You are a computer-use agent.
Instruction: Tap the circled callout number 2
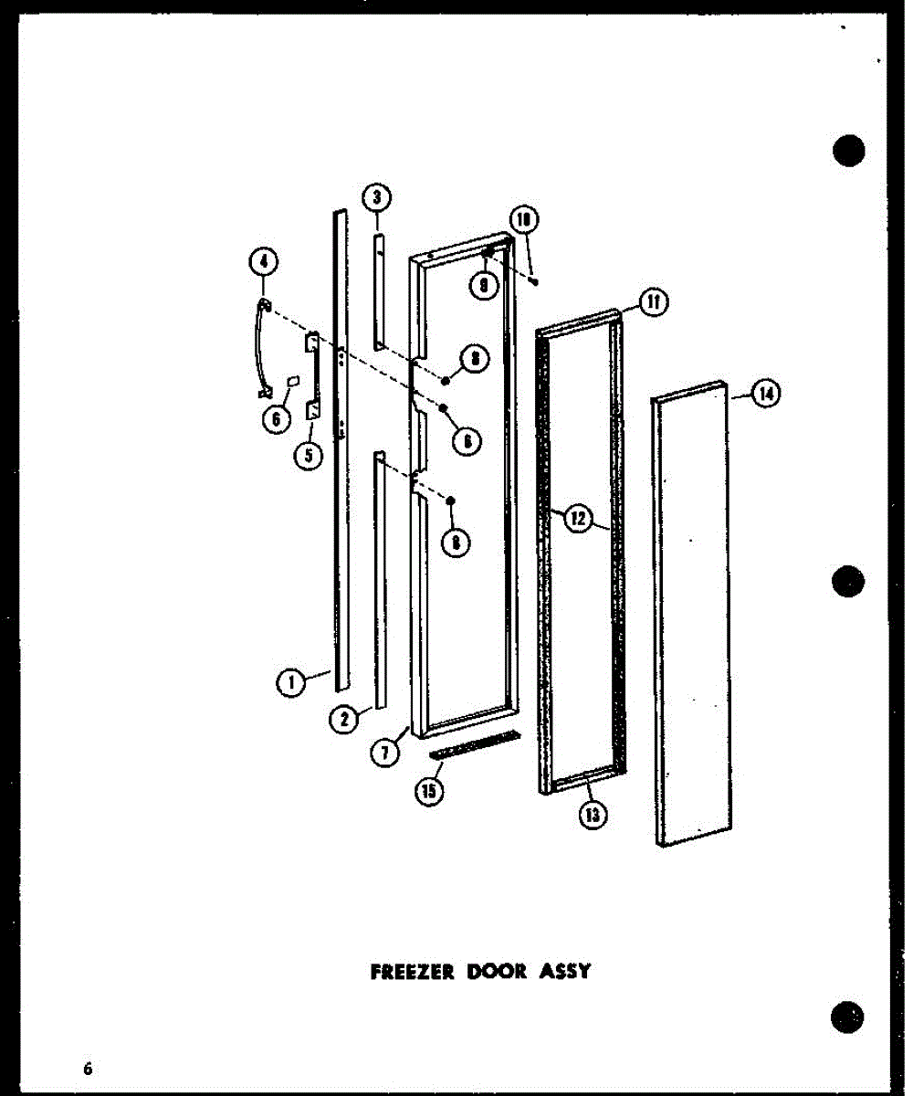(x=343, y=720)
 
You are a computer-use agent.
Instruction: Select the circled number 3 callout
(x=375, y=196)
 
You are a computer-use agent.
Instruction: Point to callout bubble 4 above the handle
(x=263, y=262)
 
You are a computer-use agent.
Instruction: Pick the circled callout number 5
(x=309, y=455)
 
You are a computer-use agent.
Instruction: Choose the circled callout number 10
(x=524, y=220)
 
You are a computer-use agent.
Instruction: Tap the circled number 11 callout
(x=655, y=302)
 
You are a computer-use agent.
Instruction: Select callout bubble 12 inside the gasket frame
(x=577, y=520)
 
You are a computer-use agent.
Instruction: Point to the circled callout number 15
(x=427, y=791)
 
